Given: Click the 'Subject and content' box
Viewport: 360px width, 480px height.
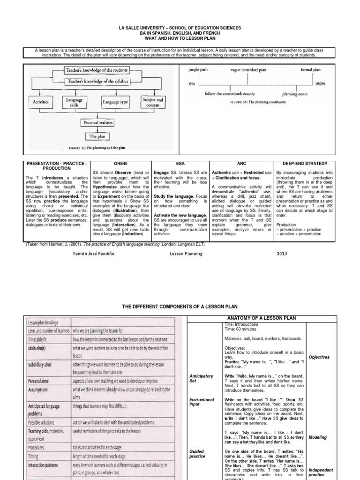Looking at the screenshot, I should pyautogui.click(x=153, y=102).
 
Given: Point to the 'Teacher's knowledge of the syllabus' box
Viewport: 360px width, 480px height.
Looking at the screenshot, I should pyautogui.click(x=98, y=81).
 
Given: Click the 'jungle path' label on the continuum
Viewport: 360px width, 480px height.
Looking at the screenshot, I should pyautogui.click(x=197, y=69).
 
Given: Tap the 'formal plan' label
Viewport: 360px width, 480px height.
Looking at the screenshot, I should pyautogui.click(x=311, y=69).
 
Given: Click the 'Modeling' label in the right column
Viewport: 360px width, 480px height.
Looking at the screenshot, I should pyautogui.click(x=319, y=437).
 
